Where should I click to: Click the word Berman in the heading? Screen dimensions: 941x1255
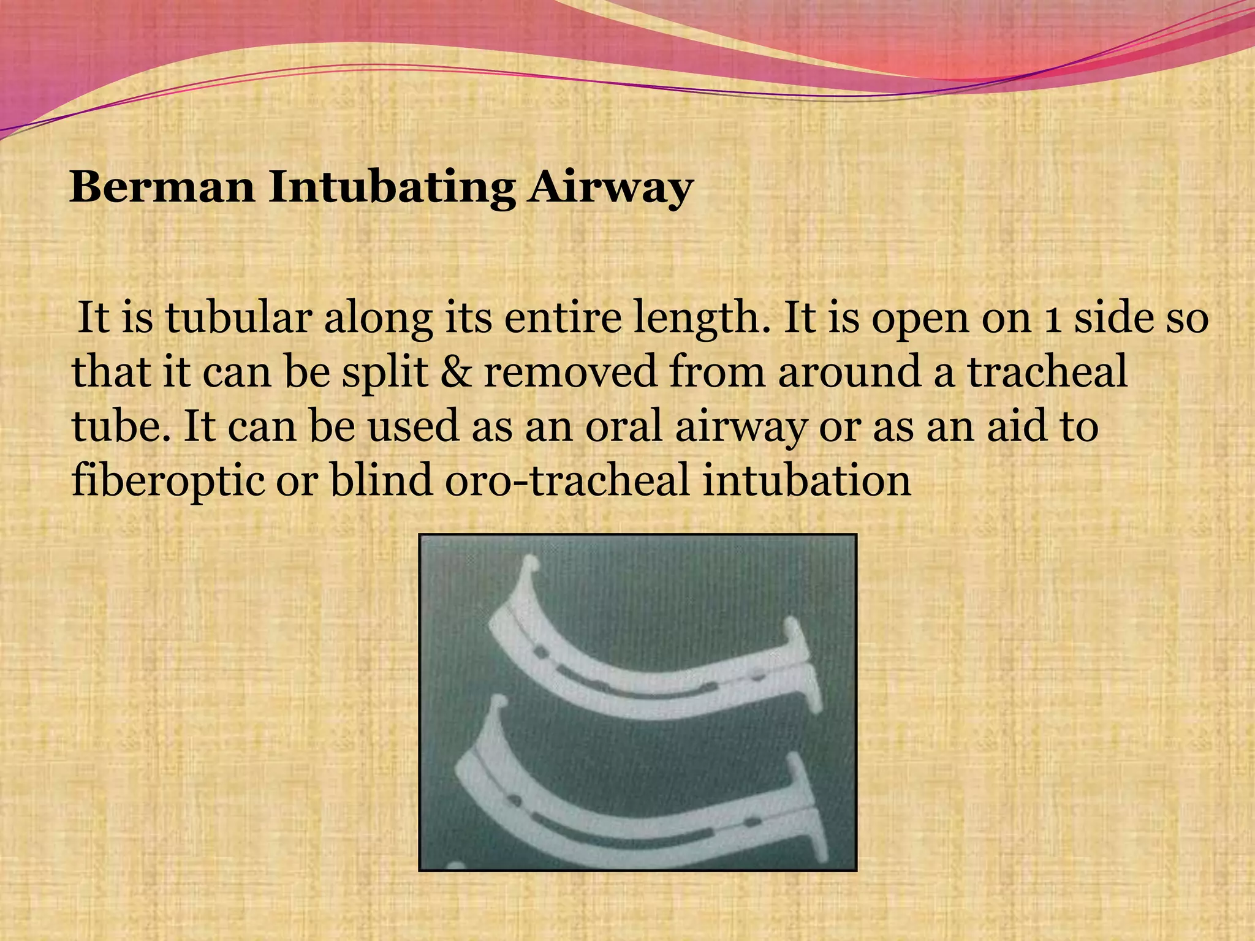(162, 187)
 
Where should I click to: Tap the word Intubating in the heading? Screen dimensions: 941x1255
(392, 188)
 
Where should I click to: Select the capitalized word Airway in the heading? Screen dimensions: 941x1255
(611, 188)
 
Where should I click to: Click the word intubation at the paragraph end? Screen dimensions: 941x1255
(806, 480)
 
